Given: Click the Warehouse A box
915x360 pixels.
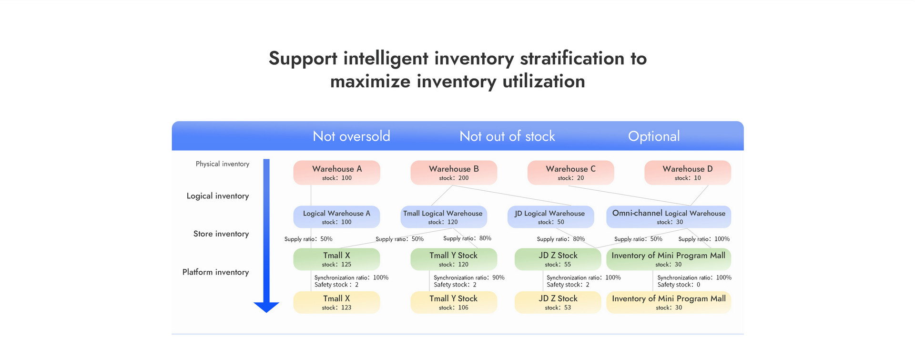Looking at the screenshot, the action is [x=336, y=173].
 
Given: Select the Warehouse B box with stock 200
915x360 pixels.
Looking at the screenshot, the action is [x=454, y=173].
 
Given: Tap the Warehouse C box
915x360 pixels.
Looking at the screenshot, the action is [x=570, y=173].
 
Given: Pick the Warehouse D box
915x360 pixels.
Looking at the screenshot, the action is [x=688, y=173].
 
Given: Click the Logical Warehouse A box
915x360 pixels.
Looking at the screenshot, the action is [x=336, y=217].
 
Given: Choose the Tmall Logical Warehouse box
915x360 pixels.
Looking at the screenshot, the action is [x=444, y=217].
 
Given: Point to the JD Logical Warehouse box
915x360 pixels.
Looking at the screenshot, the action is [x=550, y=217].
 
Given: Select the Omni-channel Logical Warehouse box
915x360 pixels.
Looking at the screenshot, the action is [x=669, y=217].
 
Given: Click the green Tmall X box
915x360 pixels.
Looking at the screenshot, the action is [x=336, y=259].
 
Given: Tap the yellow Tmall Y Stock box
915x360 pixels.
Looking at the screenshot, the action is [x=454, y=302].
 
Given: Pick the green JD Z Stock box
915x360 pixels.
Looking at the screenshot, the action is [x=558, y=259].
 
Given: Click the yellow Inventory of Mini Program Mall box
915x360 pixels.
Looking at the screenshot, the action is [x=669, y=302].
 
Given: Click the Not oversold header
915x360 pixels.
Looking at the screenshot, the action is [x=351, y=136].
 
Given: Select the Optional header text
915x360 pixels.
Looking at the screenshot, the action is [x=654, y=137].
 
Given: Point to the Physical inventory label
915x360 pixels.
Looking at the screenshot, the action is [x=223, y=164].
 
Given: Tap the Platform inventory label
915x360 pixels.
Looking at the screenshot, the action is [x=215, y=272].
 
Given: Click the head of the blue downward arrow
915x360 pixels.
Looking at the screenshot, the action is [x=266, y=308].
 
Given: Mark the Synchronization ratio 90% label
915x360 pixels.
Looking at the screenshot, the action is [x=469, y=278].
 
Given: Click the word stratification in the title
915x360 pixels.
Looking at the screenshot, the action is [x=572, y=58].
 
